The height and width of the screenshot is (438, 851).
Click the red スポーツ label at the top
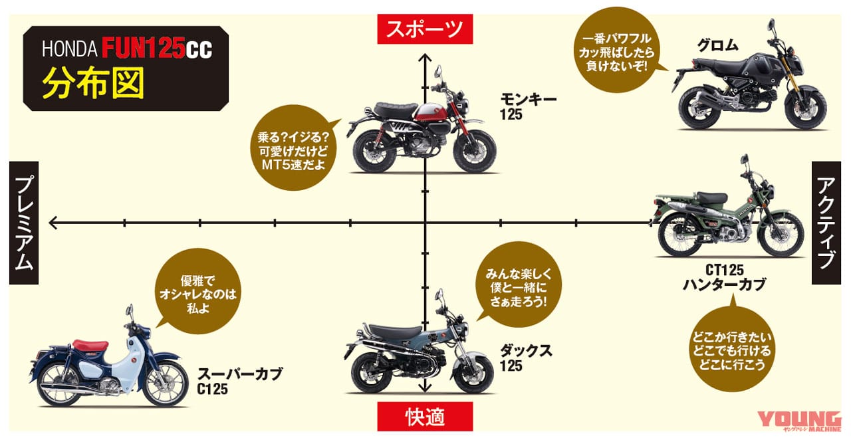[425, 29]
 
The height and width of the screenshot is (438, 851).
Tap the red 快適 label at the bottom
[425, 416]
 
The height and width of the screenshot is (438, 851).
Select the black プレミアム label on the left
[24, 223]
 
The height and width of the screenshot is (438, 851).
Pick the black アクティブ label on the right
[826, 223]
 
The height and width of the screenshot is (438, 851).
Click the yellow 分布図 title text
[93, 83]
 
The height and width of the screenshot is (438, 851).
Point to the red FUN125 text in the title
[143, 48]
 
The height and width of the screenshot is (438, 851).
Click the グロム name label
[717, 46]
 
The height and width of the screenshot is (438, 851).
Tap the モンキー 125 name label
[528, 107]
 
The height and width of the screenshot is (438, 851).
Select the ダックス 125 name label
[526, 358]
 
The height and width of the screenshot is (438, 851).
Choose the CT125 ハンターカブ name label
[725, 277]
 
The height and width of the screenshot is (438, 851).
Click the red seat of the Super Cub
[90, 346]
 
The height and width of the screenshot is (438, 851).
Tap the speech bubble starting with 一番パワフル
[616, 50]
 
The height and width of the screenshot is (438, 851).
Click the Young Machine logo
[800, 421]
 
